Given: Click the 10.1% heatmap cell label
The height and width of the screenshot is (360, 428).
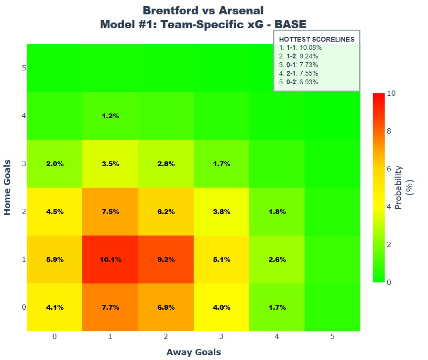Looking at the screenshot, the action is point(110,259).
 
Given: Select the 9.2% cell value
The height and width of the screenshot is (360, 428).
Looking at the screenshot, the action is point(166,259).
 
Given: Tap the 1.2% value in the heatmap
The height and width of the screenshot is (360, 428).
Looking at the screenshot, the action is point(110,116).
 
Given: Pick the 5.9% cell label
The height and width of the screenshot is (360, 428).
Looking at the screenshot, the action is point(55,259).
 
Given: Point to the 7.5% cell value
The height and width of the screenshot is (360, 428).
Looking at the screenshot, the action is point(110,212).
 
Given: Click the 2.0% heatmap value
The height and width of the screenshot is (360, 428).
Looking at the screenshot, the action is point(55,164).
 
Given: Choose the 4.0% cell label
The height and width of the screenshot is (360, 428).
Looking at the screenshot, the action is point(221,307).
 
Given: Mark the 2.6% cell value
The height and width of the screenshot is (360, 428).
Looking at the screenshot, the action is point(277,259).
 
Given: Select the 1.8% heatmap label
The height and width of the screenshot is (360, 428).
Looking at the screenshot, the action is point(277,212).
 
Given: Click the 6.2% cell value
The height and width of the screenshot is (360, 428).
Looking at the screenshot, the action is point(166,212).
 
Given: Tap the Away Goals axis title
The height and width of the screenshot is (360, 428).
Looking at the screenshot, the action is point(194,352).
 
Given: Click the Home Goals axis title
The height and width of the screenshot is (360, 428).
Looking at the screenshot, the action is point(7,188).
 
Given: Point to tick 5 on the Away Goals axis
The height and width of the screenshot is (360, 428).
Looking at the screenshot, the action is point(332,336).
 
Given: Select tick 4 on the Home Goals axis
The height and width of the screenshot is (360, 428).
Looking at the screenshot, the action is point(24,116).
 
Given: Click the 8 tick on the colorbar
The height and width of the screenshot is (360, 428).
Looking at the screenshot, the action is point(389,131).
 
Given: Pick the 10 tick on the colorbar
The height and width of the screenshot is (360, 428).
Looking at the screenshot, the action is point(391,93).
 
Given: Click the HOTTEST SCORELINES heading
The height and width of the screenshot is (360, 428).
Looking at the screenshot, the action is point(317,39).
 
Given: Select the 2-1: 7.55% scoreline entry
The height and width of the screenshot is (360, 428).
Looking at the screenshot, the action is point(298,73).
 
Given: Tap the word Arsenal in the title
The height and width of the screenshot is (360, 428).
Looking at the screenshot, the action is point(241,11).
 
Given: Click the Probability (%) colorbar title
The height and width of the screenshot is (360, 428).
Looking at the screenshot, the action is point(404,188).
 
